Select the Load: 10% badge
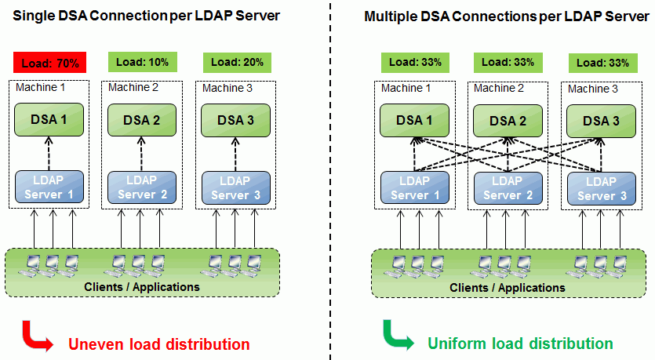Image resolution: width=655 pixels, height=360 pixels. click(141, 61)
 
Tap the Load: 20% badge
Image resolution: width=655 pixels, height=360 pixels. click(236, 62)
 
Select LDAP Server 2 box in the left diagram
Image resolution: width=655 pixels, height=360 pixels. click(141, 187)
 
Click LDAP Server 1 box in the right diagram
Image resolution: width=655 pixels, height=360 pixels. click(415, 187)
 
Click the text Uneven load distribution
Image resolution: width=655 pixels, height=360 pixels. click(159, 344)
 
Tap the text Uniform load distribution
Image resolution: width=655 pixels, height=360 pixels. click(520, 344)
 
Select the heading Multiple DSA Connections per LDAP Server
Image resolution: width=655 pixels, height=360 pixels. click(506, 16)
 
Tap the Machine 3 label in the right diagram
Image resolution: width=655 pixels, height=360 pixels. click(593, 89)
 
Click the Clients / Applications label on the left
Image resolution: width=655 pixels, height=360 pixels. click(142, 286)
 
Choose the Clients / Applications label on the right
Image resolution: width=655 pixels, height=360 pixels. click(508, 287)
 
